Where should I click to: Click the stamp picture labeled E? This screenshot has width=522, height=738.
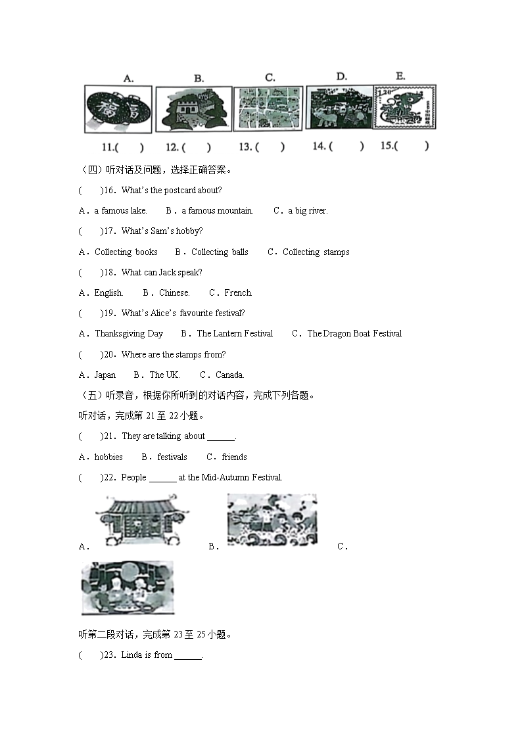[404, 107]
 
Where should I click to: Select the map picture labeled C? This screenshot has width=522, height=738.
[268, 108]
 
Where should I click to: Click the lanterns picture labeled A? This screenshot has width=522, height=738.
[118, 110]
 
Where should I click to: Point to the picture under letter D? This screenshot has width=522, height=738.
[338, 107]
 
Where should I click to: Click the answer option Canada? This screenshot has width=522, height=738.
[230, 375]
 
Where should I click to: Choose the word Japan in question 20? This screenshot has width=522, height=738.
[105, 375]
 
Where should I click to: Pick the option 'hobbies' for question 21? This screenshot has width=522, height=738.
[108, 457]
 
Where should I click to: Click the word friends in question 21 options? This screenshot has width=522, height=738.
[235, 457]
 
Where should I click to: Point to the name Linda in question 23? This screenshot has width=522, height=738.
[131, 655]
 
